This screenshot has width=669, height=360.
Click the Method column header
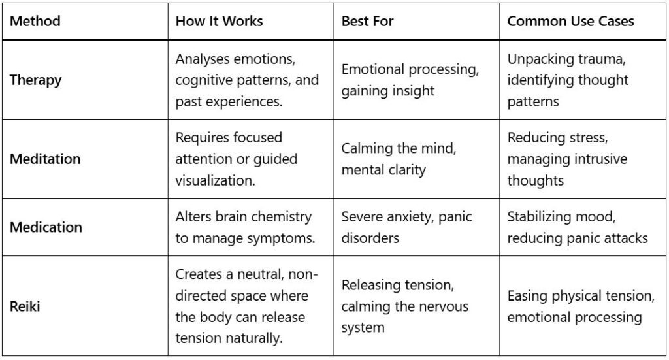click(x=35, y=21)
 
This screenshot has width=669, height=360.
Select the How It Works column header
click(x=219, y=21)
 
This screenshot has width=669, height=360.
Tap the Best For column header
click(x=367, y=21)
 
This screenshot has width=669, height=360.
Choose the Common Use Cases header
click(x=570, y=21)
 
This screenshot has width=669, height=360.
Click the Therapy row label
click(x=35, y=80)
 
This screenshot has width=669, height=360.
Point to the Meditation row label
click(x=45, y=159)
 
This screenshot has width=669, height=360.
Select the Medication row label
click(x=46, y=227)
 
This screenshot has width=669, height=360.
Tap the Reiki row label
click(x=25, y=306)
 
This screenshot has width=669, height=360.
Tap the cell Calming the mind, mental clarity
click(x=399, y=159)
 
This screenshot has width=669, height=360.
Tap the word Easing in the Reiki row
click(x=529, y=296)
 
